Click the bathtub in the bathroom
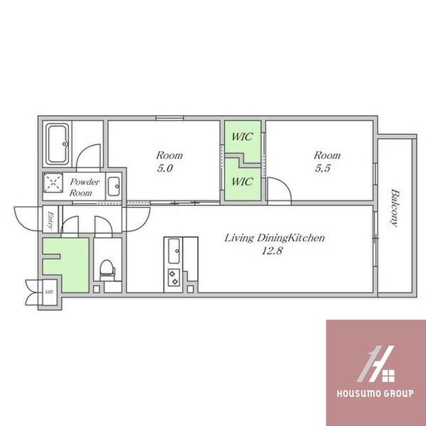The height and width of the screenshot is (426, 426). coord(57,144)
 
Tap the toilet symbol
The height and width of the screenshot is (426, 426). coord(106,270)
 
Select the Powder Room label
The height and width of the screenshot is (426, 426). coord(84,187)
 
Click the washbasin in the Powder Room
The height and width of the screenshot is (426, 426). coord(114,186)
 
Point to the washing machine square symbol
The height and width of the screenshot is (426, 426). coord(53,182)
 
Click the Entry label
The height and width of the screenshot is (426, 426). coord(50,220)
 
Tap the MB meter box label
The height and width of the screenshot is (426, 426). coord(49,292)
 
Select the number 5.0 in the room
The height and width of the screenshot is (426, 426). coord(165,168)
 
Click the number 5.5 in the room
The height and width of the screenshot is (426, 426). coord(322,168)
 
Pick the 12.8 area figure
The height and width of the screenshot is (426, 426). coord(272,251)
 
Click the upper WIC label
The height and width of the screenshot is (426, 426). coord(242,136)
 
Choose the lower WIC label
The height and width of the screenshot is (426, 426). coord(242,181)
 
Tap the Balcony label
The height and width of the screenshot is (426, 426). coord(395,208)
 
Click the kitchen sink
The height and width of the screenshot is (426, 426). coord(174,251)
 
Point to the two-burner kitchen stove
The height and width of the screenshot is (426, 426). coord(174,277)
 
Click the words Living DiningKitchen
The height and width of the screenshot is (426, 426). coord(274,238)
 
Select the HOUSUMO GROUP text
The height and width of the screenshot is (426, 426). coord(375,393)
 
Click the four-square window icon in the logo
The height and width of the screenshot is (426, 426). coord(388,376)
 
